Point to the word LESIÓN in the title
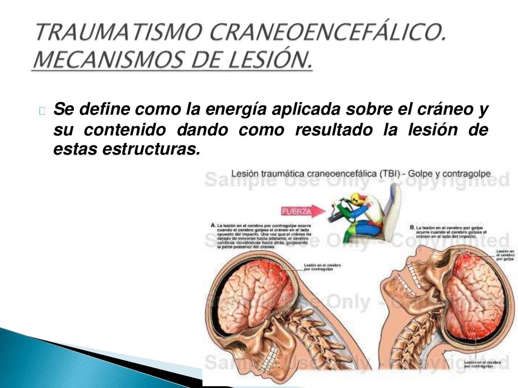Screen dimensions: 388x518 coord(268,60)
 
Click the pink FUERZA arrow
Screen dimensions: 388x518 coord(296,212)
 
